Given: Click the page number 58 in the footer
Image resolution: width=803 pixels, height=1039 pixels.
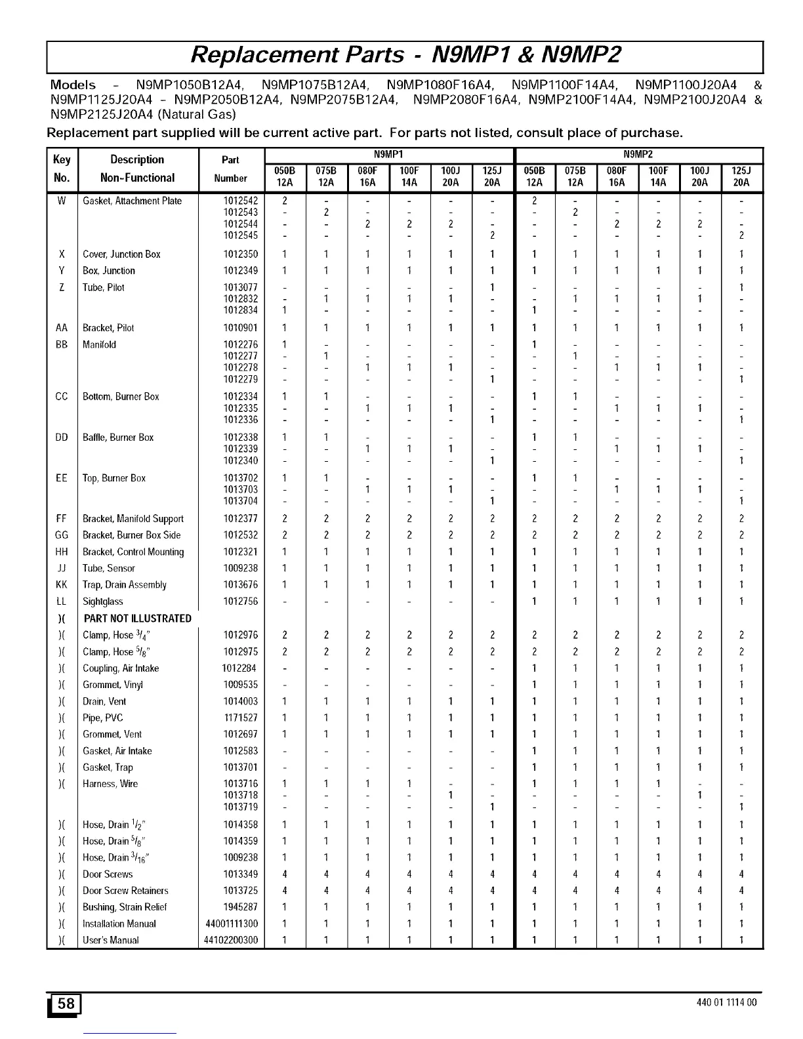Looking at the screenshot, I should (66, 1004).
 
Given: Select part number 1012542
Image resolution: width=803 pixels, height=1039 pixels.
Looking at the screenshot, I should (241, 201).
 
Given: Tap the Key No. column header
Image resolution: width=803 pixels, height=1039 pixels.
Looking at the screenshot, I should (62, 169).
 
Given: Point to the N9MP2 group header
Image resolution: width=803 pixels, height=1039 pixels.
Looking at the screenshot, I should (639, 155).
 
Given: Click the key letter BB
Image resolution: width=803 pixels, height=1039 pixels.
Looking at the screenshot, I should (62, 344).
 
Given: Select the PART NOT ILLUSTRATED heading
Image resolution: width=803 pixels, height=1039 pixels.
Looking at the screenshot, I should (138, 619).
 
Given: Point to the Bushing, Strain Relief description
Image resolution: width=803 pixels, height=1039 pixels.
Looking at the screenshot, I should (125, 907).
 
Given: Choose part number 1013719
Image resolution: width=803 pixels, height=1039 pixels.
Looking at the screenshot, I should (241, 807).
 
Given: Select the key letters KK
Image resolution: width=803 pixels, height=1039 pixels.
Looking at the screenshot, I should (62, 585).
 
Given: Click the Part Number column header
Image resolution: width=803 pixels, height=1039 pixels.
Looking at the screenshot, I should (230, 169).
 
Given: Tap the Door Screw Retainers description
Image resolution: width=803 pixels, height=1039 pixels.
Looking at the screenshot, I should (125, 891).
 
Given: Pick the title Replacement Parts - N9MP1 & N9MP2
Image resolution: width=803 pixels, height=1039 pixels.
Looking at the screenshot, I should (405, 55).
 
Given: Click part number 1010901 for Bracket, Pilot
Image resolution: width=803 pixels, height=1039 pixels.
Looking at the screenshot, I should (241, 328).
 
